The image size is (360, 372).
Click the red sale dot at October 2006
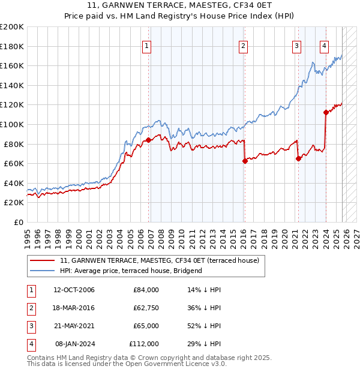(x=148, y=140)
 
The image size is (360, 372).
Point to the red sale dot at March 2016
(x=245, y=161)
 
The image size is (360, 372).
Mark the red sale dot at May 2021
(x=298, y=158)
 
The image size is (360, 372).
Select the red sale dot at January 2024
(x=326, y=112)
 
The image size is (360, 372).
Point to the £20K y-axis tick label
(x=14, y=203)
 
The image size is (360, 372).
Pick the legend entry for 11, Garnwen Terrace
(x=159, y=260)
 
